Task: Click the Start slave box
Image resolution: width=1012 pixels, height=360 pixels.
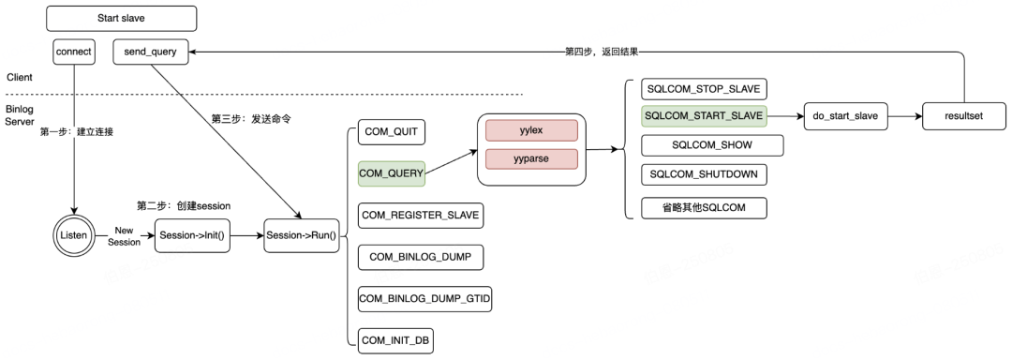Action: click(121, 19)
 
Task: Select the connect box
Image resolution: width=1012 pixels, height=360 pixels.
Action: click(74, 52)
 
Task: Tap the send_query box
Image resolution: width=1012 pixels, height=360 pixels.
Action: click(150, 52)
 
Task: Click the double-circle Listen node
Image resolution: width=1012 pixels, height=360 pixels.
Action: click(74, 235)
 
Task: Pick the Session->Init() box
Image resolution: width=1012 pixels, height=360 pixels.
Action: click(192, 235)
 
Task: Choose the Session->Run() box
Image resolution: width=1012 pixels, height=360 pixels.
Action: click(302, 235)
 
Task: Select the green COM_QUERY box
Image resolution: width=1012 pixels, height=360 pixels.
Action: click(391, 173)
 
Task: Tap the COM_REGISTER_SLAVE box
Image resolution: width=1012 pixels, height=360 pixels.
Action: click(421, 215)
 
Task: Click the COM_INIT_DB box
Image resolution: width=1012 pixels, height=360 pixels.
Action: click(395, 340)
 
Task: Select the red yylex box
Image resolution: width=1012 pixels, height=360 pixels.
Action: click(531, 129)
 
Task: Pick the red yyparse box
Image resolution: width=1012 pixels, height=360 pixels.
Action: click(531, 158)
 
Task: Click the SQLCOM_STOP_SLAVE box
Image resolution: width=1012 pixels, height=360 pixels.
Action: click(704, 88)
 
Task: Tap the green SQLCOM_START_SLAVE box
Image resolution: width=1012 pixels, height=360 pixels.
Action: click(704, 116)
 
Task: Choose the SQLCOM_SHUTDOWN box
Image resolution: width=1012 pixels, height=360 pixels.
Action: click(704, 174)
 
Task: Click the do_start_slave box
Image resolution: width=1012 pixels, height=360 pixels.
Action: click(846, 116)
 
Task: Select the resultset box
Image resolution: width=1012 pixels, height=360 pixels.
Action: click(963, 116)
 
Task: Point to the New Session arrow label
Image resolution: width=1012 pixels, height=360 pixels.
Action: click(124, 236)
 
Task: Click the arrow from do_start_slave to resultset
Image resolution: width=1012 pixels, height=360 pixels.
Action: click(905, 116)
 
